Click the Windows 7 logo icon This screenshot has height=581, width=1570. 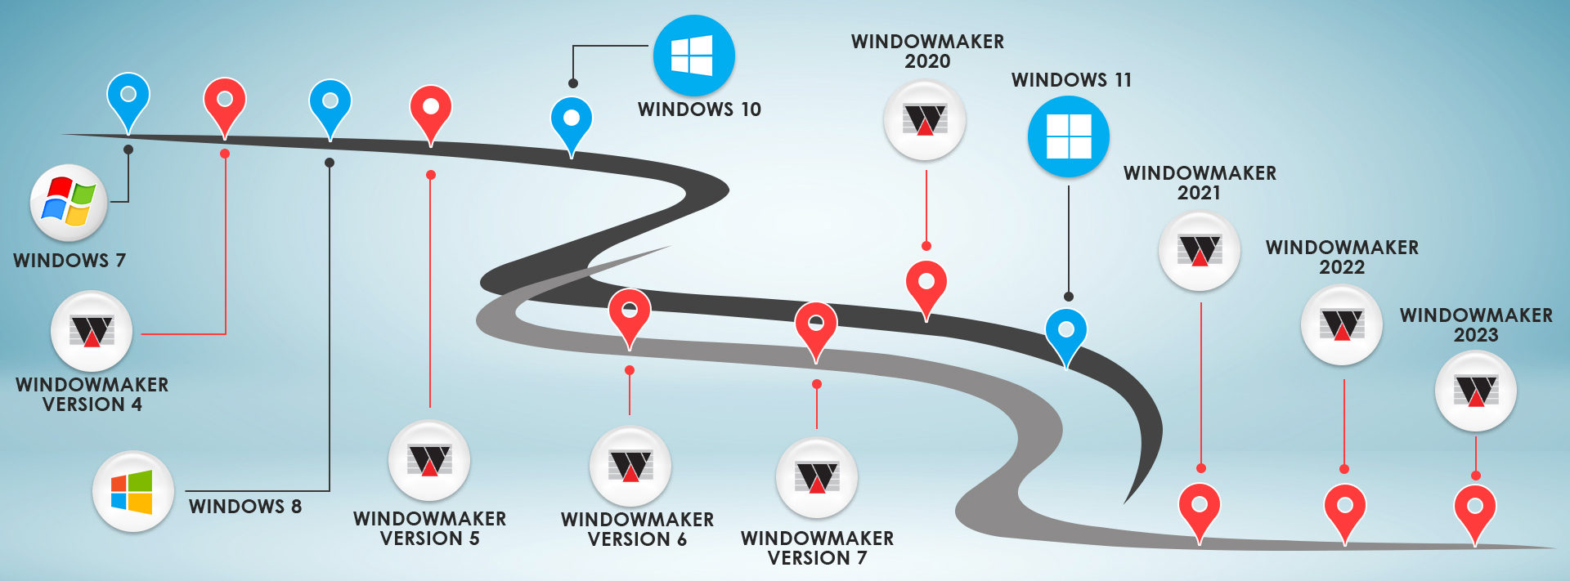point(69,203)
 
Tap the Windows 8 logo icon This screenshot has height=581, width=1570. point(132,491)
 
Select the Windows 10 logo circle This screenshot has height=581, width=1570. point(693,56)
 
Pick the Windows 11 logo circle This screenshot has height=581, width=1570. point(1068,136)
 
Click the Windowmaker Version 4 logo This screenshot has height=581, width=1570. point(92,331)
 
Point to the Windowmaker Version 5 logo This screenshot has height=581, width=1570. point(429,460)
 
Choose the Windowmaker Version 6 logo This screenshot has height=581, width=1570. point(630,466)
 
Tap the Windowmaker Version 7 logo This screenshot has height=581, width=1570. point(816,477)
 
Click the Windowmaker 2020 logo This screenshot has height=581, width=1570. point(925,120)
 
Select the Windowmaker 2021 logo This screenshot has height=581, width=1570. point(1200,250)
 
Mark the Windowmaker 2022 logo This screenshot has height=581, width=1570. point(1342,324)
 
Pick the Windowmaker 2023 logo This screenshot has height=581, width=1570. point(1476,391)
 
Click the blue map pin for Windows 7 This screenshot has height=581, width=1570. point(128,98)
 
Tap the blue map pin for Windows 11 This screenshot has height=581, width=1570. point(1066,333)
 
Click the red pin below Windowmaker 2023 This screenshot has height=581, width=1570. point(1475,510)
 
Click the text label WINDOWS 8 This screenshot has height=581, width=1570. point(245,507)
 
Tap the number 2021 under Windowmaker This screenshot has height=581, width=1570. point(1199,193)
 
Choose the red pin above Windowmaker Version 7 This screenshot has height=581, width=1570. point(816,327)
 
